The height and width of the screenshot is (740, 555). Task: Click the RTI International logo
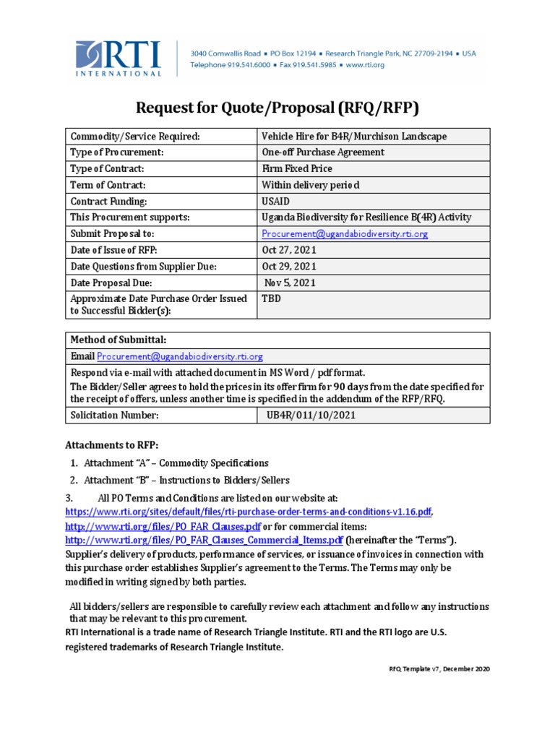coord(119,59)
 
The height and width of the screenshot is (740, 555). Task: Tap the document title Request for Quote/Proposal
coord(277,108)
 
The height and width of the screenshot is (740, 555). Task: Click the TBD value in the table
coord(270,298)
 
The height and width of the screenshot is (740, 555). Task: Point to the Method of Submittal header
coord(118,340)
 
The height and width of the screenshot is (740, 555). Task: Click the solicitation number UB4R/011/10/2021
coord(309,416)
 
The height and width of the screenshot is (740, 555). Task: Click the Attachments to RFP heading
coord(111,444)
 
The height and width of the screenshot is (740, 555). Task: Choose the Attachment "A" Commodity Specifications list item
coord(176,462)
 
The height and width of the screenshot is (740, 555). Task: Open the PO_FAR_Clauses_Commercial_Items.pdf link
coord(204,540)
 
